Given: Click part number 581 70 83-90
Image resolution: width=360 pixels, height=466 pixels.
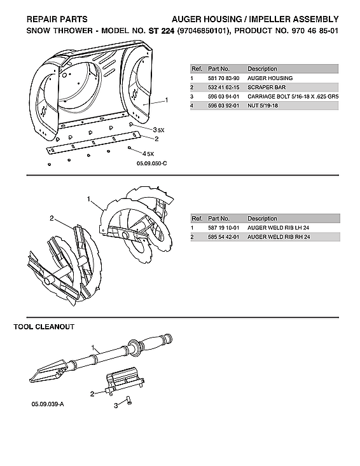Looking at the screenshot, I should pos(221,78).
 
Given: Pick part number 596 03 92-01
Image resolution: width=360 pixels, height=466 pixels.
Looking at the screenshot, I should pos(221,106).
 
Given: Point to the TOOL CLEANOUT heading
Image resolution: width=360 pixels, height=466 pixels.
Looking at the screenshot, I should pos(44,326).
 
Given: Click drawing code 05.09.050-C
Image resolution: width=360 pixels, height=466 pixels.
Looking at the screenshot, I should pos(151,164).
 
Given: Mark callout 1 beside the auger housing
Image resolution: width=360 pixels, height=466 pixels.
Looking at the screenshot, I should pos(166,100).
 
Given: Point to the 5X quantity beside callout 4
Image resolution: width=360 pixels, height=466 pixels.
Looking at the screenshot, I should pos(150,154).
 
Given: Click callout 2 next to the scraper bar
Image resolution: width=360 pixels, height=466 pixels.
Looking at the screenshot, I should pos(156,139).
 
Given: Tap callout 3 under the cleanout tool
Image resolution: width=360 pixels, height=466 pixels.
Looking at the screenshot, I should pos(116,404).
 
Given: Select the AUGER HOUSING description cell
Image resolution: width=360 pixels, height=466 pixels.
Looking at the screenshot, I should pos(270,78).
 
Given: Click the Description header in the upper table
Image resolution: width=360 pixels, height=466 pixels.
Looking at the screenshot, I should pos(262,68).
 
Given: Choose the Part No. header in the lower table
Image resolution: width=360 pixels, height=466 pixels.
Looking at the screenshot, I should pos(219,218).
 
